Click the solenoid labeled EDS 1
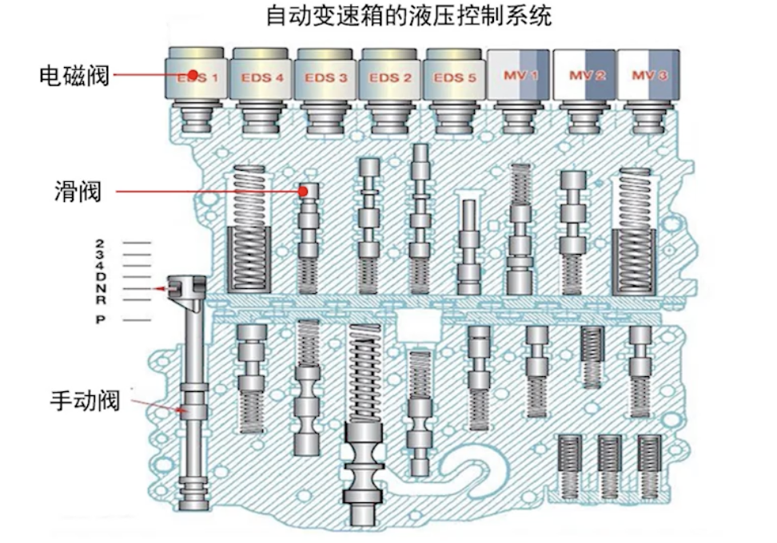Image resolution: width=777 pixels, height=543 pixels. coord(197,78)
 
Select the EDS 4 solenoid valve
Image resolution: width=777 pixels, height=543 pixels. coord(261,78)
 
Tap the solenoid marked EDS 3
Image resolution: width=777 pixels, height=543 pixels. coord(326,78)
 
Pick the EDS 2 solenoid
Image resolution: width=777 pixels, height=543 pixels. coord(390,78)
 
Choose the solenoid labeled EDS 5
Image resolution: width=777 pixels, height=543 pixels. coord(454,78)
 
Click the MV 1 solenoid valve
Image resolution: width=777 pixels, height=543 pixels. coord(518,77)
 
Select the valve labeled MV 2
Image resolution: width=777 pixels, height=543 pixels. coord(584,77)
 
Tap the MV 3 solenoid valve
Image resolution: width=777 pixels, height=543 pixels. coord(647,77)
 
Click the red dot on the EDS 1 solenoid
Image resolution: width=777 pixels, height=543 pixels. coord(193,75)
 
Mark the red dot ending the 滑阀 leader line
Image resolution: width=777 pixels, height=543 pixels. coord(304,192)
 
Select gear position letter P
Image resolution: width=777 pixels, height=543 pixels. coord(100,319)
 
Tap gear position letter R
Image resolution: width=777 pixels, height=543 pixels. coord(100,299)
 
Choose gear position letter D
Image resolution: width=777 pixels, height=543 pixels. coord(100,276)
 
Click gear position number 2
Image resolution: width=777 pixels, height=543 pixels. coord(100,242)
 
